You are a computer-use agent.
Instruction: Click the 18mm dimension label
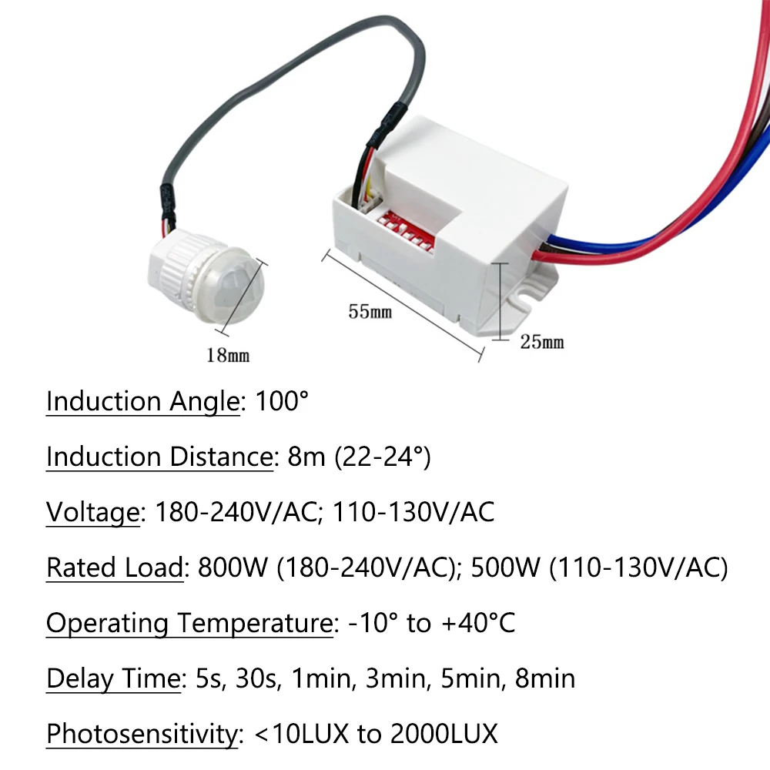(x=228, y=355)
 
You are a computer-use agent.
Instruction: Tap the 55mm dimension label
(x=370, y=311)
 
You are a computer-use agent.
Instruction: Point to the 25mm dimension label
(x=542, y=342)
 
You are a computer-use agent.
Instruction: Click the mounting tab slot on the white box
(x=524, y=299)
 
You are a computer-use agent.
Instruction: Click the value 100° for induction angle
(x=282, y=401)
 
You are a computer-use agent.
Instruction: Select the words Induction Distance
(x=159, y=457)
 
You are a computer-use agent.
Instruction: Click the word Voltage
(x=93, y=513)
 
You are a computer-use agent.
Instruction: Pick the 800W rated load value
(x=233, y=567)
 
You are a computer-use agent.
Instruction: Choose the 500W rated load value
(x=505, y=567)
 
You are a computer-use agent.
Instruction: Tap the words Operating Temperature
(x=189, y=624)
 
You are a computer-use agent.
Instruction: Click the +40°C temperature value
(x=478, y=623)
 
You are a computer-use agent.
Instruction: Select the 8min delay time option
(x=545, y=678)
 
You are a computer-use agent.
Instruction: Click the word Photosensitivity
(x=142, y=735)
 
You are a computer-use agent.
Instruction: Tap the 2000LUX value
(x=444, y=734)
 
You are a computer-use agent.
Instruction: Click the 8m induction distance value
(x=306, y=457)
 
